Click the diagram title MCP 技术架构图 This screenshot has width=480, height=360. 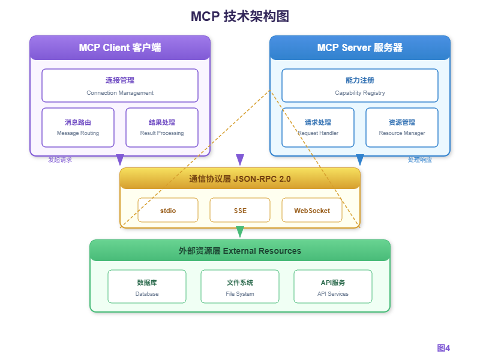[x=239, y=16]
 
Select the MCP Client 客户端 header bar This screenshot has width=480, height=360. [x=120, y=48]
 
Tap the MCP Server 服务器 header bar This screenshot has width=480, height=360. [x=360, y=48]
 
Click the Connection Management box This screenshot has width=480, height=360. [x=120, y=85]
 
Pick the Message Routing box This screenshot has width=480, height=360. [x=78, y=127]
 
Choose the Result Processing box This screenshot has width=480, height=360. [x=162, y=127]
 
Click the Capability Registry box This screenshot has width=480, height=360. [x=360, y=85]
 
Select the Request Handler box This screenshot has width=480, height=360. [x=318, y=127]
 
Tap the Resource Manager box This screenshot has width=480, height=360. [x=402, y=127]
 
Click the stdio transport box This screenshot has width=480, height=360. [x=168, y=211]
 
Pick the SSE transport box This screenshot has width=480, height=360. [x=240, y=211]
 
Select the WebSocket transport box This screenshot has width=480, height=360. [x=312, y=211]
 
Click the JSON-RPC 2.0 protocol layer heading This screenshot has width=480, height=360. [x=240, y=178]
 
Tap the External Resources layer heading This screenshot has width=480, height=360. [x=240, y=251]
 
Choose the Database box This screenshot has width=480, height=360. [x=147, y=287]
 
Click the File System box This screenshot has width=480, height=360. [x=240, y=287]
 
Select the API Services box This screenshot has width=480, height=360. [x=333, y=287]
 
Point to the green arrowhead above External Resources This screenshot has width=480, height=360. [x=240, y=232]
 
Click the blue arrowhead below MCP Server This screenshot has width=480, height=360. [x=360, y=160]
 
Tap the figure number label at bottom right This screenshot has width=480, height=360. [x=443, y=347]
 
